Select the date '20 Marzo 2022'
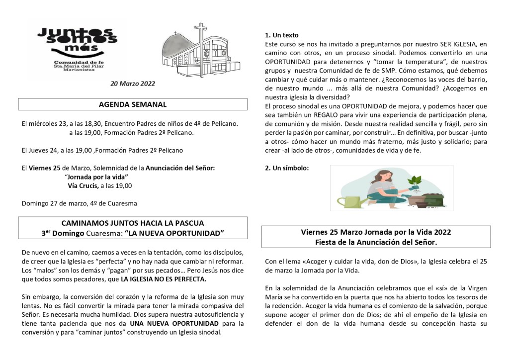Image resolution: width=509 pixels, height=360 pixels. [x=133, y=84]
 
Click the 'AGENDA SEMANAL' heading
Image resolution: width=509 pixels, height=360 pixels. [x=133, y=104]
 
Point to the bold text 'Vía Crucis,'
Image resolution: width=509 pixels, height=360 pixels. [x=84, y=185]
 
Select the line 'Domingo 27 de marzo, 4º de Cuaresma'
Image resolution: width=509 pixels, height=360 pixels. [x=80, y=203]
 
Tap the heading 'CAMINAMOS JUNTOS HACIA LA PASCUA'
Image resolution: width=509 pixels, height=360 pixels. [x=132, y=223]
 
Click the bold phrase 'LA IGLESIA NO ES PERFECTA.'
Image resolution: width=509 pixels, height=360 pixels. [x=163, y=279]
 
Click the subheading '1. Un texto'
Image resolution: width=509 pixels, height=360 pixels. [x=282, y=35]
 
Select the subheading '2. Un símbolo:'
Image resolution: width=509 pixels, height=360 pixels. [x=287, y=168]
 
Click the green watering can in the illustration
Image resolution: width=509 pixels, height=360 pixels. [x=352, y=201]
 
